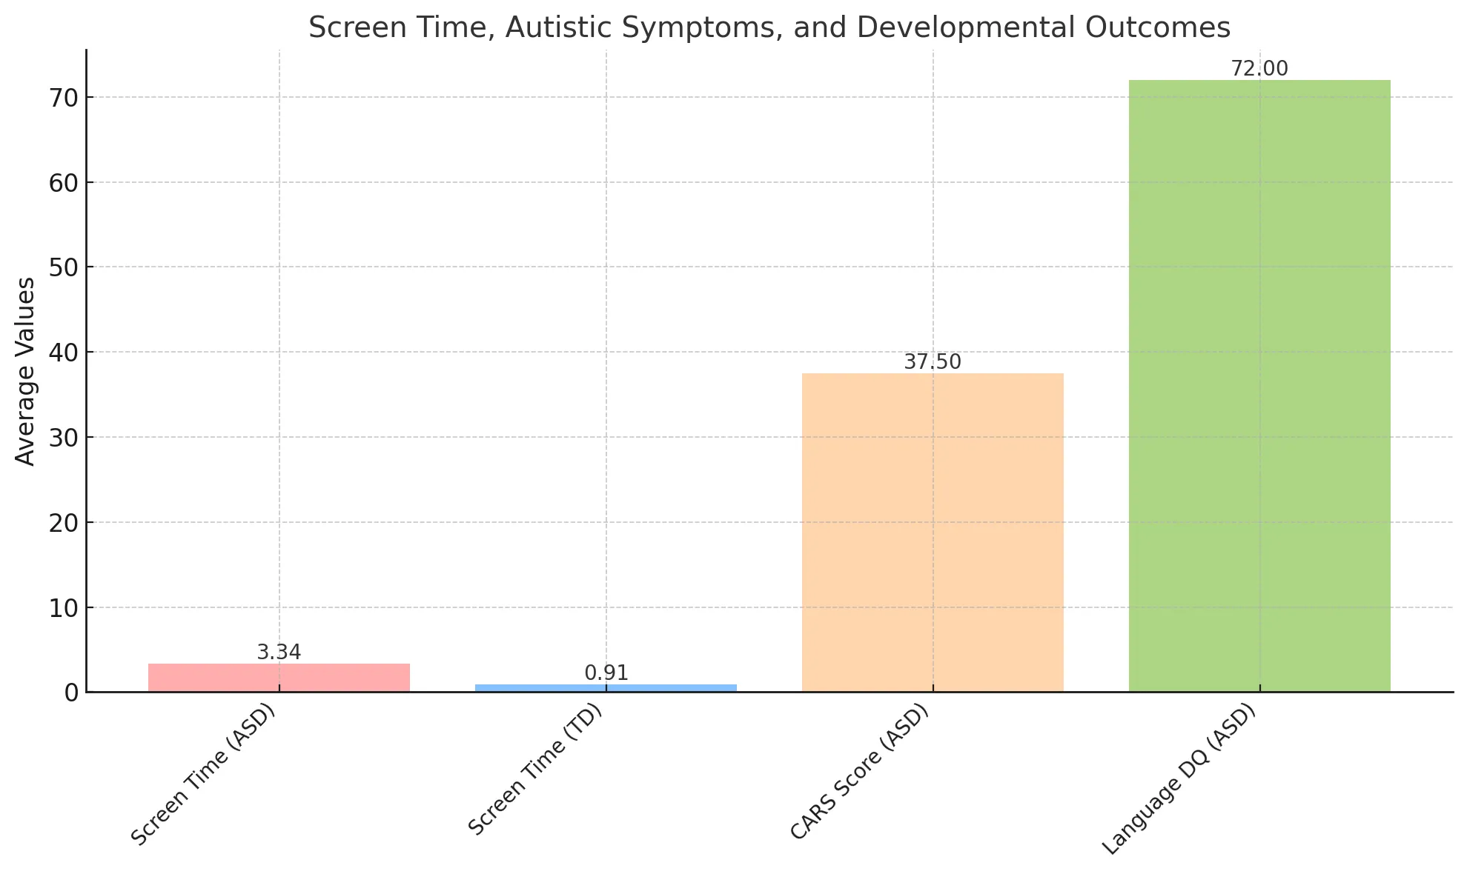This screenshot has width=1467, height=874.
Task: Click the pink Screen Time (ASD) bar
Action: click(x=279, y=678)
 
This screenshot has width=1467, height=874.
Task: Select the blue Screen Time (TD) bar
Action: click(x=606, y=688)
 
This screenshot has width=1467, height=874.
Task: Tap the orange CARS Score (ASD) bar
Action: click(x=933, y=533)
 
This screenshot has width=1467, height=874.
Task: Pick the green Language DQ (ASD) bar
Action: click(x=1259, y=386)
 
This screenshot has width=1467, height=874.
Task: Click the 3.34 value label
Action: click(x=279, y=653)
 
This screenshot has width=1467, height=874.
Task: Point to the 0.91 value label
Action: click(x=606, y=673)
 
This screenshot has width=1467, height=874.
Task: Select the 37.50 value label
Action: click(x=933, y=362)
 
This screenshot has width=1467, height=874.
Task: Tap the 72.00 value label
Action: click(x=1259, y=69)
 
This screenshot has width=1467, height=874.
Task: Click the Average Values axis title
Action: click(x=25, y=371)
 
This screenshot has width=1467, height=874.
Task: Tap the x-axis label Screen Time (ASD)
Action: click(x=203, y=775)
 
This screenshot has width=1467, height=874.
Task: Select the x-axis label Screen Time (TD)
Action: click(x=536, y=770)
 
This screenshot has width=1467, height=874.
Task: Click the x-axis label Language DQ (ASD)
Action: click(x=1179, y=779)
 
